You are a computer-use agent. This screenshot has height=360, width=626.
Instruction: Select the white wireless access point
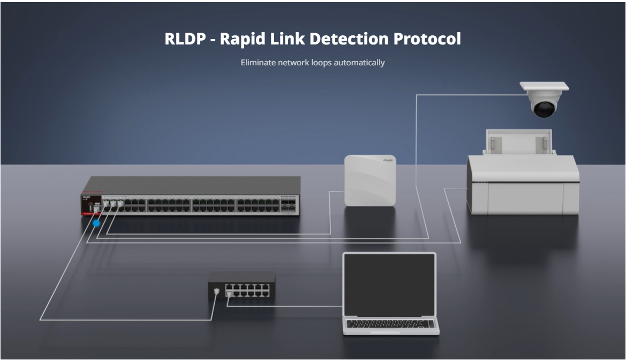tap(369, 180)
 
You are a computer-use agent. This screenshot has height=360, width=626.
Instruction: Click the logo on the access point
tap(388, 160)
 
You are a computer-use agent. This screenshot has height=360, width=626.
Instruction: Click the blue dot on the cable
tap(96, 223)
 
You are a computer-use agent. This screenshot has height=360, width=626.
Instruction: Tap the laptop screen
tap(389, 284)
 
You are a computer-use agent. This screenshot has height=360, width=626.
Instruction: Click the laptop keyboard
tap(390, 324)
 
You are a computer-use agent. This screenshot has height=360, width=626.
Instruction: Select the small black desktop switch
tap(242, 285)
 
